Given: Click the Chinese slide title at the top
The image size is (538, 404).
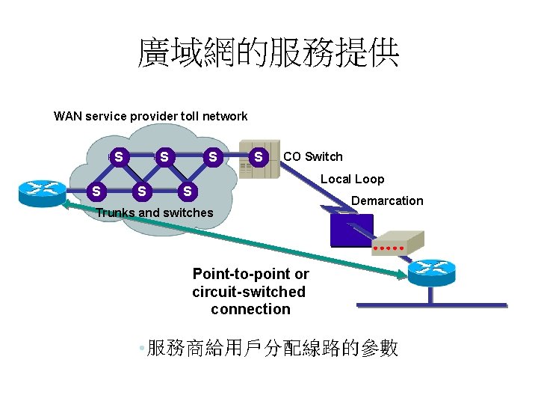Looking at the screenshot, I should pos(268,55).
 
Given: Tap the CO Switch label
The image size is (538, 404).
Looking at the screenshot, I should pos(312,156).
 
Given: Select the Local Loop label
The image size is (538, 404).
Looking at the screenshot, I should pos(352,179).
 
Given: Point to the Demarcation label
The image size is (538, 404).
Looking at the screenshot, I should pos(387,201).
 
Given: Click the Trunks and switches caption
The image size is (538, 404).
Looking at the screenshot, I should pos(154,212).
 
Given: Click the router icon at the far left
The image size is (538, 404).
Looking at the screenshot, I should pos(43,192).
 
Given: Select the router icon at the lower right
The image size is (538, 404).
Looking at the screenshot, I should pos(431,272).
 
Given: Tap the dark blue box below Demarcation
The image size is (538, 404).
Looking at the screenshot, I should pos(351,230).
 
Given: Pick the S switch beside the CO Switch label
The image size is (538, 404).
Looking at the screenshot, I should pos(259,157).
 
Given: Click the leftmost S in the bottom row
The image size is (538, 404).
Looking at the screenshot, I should pos(96,192).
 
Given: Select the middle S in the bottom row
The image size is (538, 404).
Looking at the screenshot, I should pos(141,192).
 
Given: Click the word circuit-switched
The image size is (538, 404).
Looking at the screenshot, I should pos(249,292).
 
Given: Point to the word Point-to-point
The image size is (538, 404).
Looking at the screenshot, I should pos(250,274).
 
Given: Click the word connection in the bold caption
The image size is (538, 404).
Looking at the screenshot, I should pos(250,309).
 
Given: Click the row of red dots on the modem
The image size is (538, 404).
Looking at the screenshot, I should pos(389,246).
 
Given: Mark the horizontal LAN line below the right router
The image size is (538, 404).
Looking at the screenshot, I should pos(432,305).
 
